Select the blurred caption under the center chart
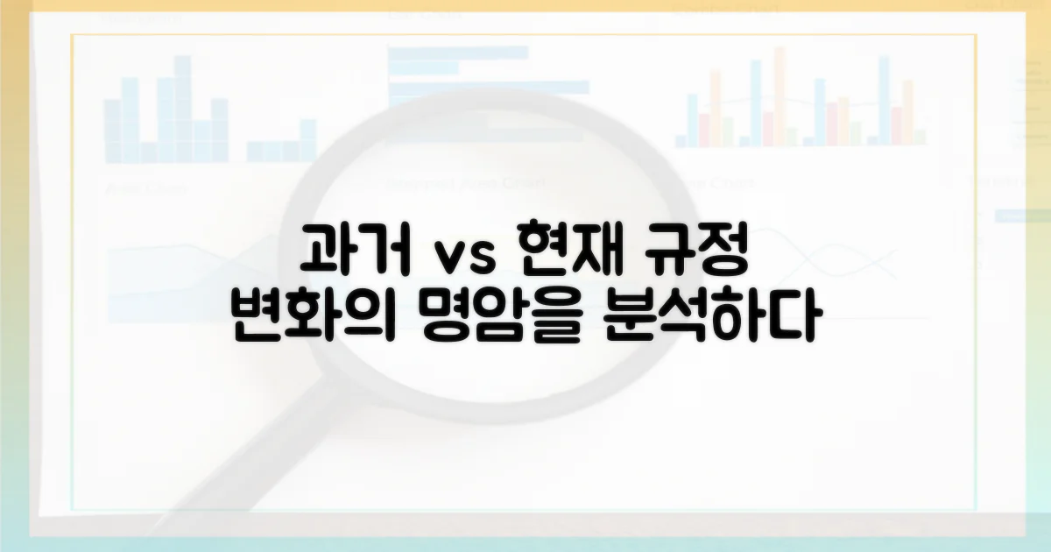[464, 183]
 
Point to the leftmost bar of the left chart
[112, 131]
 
